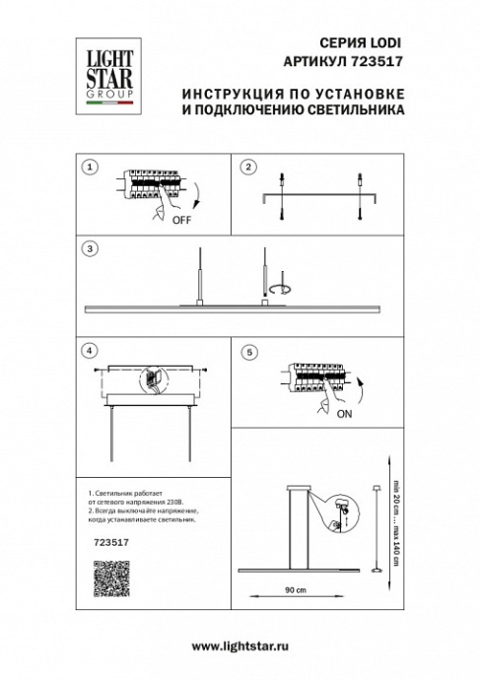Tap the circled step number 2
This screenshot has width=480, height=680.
click(x=249, y=168)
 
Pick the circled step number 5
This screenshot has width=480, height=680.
click(x=249, y=351)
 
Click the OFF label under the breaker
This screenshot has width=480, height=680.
click(x=181, y=222)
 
